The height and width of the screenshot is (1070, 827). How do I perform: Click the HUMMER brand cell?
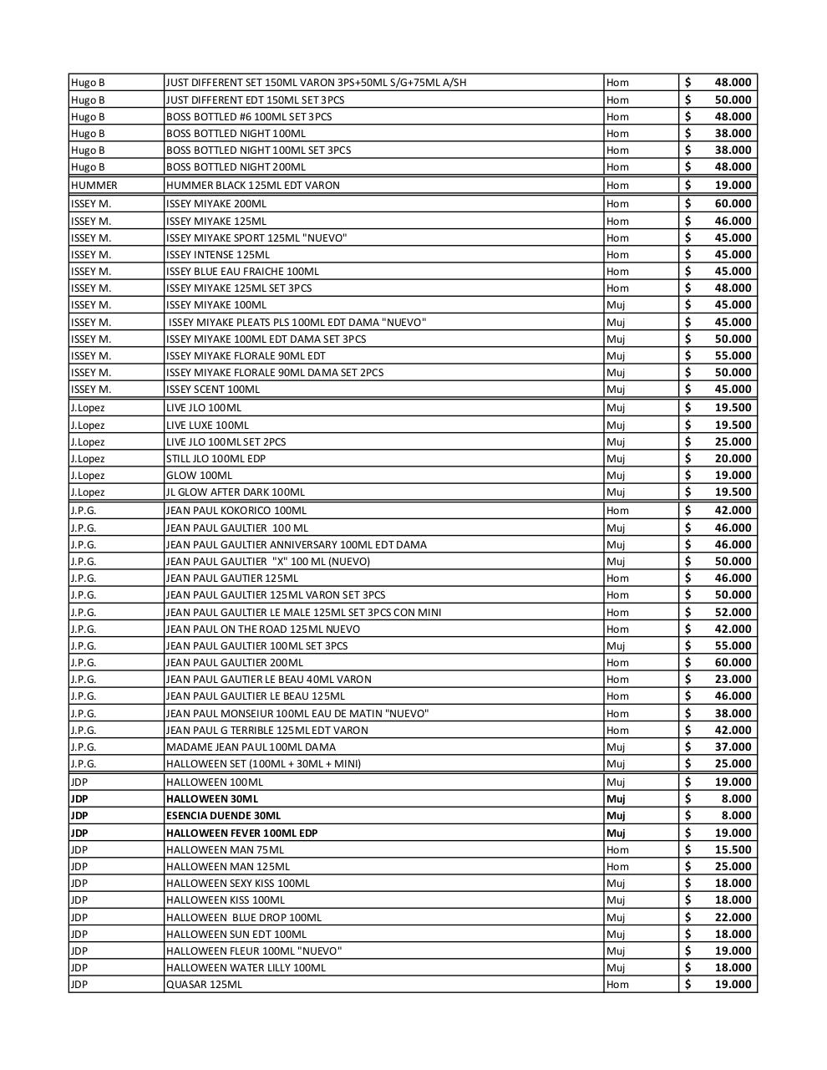point(94,186)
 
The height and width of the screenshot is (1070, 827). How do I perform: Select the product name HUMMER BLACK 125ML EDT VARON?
point(252,186)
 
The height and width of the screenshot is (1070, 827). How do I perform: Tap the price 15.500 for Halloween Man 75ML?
point(733,849)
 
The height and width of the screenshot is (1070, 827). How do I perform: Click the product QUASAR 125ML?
point(204,985)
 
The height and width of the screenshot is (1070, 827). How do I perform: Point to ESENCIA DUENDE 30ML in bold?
point(223,816)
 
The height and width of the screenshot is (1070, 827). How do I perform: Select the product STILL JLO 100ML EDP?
point(216,459)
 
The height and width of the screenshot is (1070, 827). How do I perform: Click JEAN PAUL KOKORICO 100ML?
point(236,511)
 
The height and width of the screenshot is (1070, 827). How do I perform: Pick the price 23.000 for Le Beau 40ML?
point(733,680)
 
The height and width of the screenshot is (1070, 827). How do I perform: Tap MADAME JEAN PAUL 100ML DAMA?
point(251,747)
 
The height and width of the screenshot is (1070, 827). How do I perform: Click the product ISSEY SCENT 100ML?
point(212,390)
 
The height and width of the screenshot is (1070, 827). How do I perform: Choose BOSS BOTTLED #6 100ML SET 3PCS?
point(248,117)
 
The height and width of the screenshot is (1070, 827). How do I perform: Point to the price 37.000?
point(733,747)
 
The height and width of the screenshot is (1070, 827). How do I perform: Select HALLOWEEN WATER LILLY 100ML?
point(246,968)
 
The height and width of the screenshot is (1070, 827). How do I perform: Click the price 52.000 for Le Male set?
point(733,612)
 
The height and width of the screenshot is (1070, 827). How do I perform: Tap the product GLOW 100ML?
point(199,476)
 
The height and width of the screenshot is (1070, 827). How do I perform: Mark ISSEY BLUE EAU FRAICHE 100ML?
point(242,272)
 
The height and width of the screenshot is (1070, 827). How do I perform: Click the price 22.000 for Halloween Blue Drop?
point(733,917)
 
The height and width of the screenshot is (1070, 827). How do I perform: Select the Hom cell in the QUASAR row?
point(617,985)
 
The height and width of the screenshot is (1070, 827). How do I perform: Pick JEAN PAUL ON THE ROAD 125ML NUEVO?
point(263,629)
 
